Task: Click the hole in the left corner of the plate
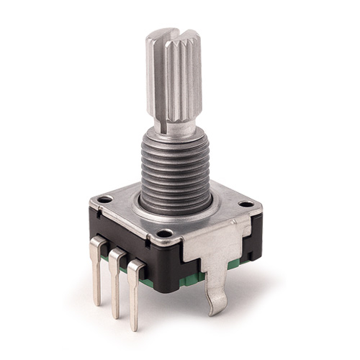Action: coord(105,199)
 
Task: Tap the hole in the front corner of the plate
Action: coord(165,233)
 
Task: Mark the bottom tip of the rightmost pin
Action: coord(135,328)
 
